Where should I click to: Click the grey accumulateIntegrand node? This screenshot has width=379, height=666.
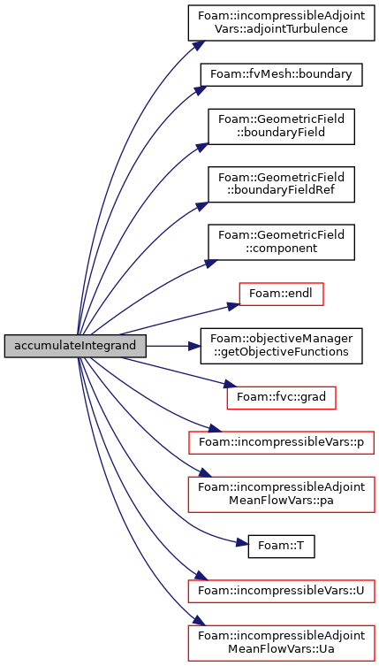(75, 346)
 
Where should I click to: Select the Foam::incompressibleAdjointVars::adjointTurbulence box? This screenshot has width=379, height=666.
(282, 23)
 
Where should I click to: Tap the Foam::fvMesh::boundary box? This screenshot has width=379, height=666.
(282, 75)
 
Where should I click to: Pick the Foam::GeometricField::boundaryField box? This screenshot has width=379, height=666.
(281, 126)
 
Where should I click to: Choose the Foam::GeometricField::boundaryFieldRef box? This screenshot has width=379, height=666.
(281, 183)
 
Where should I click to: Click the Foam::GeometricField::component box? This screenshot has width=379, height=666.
(281, 241)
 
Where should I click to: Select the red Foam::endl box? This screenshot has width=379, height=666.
(282, 294)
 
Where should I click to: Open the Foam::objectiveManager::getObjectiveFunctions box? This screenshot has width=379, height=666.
(282, 346)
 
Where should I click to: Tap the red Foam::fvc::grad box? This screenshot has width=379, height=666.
(282, 397)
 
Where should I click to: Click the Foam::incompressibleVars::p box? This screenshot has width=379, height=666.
(282, 443)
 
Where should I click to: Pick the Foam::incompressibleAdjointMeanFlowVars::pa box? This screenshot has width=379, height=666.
(282, 494)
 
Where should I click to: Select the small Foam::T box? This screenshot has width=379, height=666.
(282, 547)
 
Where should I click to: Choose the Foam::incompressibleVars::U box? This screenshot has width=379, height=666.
(282, 591)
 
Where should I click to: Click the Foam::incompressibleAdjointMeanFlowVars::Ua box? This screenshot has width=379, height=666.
(282, 643)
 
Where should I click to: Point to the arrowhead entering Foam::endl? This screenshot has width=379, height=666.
(232, 306)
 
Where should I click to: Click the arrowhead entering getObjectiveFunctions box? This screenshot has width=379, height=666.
(194, 346)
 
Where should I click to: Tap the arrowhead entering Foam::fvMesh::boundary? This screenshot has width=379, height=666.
(200, 90)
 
